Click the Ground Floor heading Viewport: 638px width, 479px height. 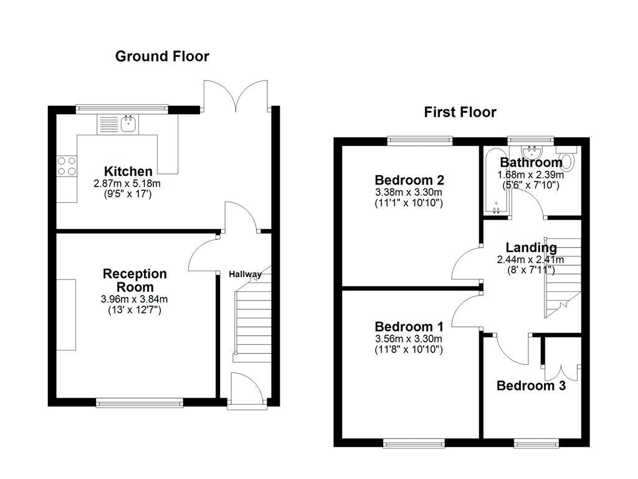click(x=162, y=57)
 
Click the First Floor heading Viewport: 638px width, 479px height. click(x=460, y=112)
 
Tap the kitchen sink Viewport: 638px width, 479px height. click(x=129, y=124)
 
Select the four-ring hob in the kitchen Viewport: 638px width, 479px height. click(x=67, y=166)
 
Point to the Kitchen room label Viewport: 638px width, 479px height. click(x=128, y=172)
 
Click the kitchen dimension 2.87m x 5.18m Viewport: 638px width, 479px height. click(x=127, y=183)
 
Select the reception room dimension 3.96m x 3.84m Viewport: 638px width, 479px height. click(x=134, y=299)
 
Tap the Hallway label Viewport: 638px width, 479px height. click(x=245, y=274)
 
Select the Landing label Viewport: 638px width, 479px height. click(x=531, y=248)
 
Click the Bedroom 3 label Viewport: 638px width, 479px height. click(x=531, y=386)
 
